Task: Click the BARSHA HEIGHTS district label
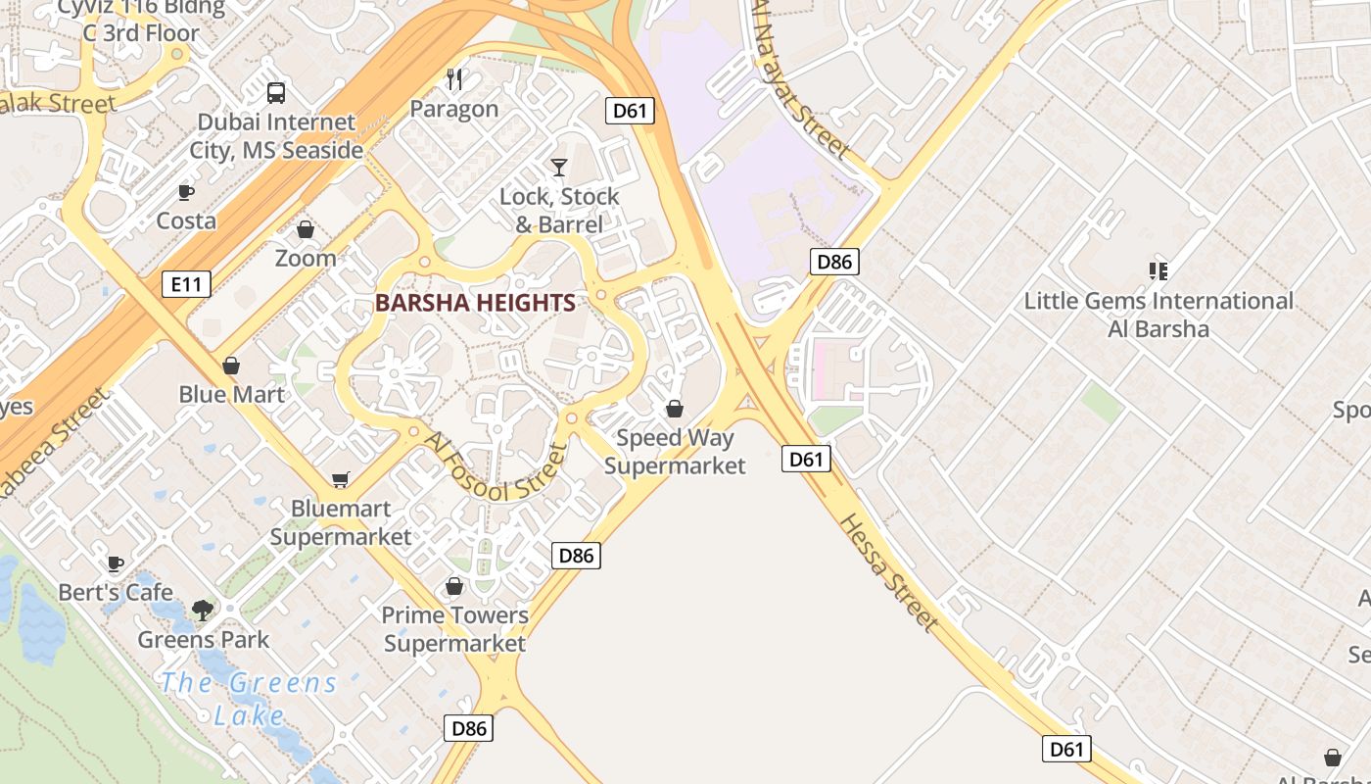point(475,303)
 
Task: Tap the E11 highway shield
point(186,285)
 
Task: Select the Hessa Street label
point(889,571)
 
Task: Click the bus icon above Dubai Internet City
point(276,93)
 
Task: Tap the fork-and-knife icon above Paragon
point(454,79)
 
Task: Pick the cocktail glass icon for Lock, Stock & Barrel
point(559,168)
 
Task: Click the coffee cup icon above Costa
point(186,192)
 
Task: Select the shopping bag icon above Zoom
point(306,229)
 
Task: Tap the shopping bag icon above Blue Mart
point(231,366)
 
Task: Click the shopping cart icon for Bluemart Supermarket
point(340,479)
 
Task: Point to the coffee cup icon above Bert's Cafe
point(116,563)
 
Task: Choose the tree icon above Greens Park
point(203,611)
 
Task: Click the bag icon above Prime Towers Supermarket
point(454,586)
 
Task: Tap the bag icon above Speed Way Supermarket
point(675,409)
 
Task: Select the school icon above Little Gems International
point(1158,271)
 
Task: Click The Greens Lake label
point(249,698)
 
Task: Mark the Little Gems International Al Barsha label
point(1158,315)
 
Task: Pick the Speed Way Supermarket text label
point(675,452)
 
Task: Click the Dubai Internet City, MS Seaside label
point(276,136)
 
